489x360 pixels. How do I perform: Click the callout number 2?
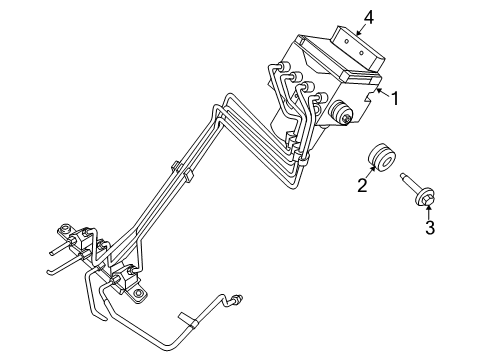[x=363, y=184]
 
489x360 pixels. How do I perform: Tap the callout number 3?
[x=429, y=228]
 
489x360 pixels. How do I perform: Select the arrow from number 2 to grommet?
[x=369, y=173]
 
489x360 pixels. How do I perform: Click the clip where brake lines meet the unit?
[x=292, y=140]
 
